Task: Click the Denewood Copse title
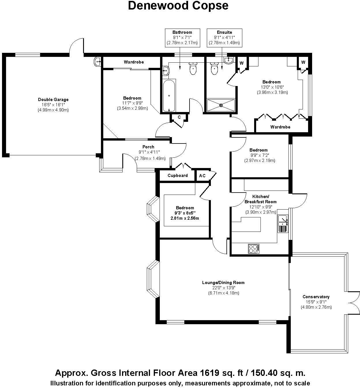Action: (178, 6)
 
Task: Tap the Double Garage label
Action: (53, 100)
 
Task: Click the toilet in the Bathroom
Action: (193, 68)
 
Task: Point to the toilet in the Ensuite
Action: (214, 69)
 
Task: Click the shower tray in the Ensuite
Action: (221, 105)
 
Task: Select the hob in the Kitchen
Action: (254, 249)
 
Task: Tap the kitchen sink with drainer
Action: (282, 223)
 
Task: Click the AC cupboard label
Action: (202, 176)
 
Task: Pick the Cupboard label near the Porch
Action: (178, 176)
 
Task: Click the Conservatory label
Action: (316, 297)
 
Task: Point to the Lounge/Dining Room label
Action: (223, 283)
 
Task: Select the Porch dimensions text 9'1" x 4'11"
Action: (149, 152)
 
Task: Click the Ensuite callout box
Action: (224, 38)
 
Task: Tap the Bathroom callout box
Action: (182, 38)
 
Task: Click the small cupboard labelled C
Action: (179, 117)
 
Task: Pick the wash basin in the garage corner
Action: (97, 61)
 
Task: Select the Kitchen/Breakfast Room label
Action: (260, 199)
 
